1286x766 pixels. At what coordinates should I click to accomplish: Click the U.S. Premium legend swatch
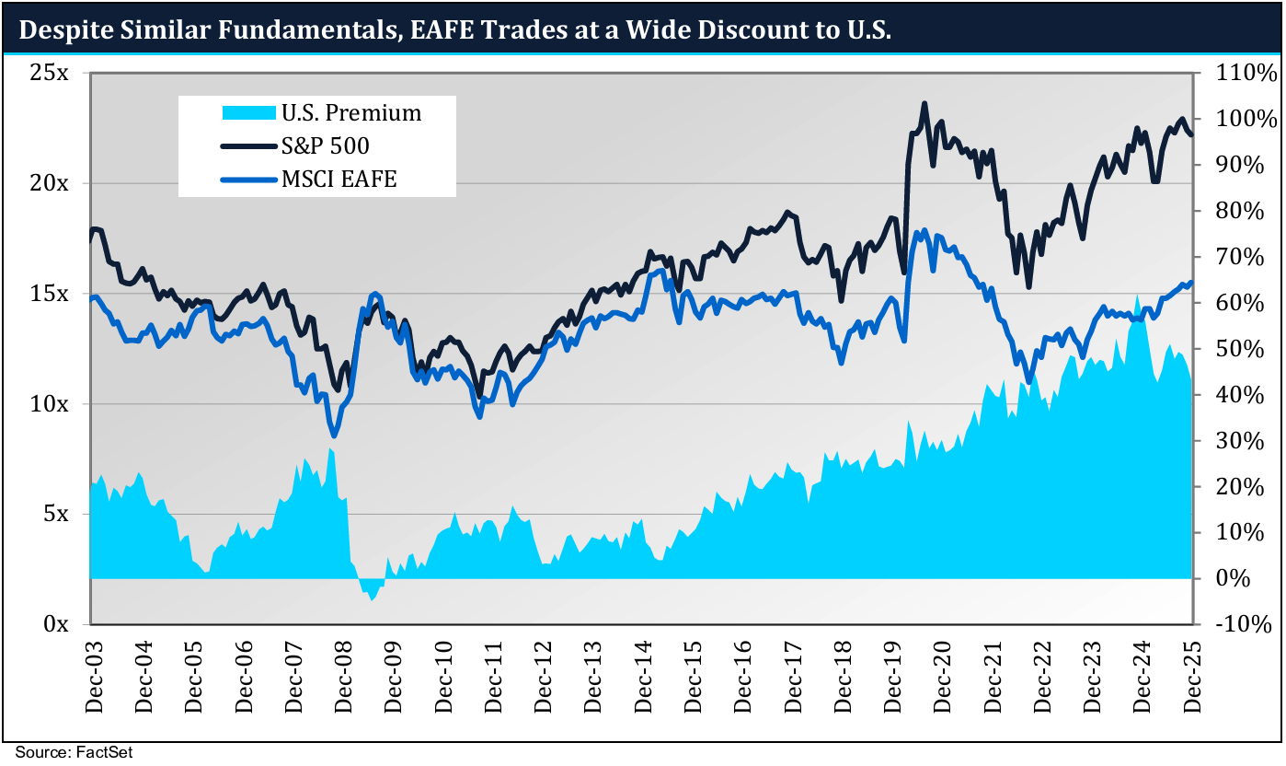point(248,113)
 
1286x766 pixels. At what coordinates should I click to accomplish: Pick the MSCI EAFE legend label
point(339,179)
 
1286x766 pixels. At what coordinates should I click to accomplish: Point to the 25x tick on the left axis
point(49,73)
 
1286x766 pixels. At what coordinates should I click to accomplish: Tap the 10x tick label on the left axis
point(49,404)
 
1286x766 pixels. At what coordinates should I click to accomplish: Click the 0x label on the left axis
point(55,624)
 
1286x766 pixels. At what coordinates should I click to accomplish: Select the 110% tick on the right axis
point(1241,73)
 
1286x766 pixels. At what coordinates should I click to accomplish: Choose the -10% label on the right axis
point(1241,624)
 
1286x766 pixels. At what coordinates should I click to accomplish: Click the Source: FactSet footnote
point(74,753)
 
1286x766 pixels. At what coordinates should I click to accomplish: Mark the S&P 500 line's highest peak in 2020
point(924,103)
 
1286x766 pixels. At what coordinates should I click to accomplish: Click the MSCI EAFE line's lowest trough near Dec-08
point(335,435)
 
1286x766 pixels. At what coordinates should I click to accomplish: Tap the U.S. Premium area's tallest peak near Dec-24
point(1138,297)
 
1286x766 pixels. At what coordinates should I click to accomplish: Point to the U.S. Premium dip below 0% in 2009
point(372,598)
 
